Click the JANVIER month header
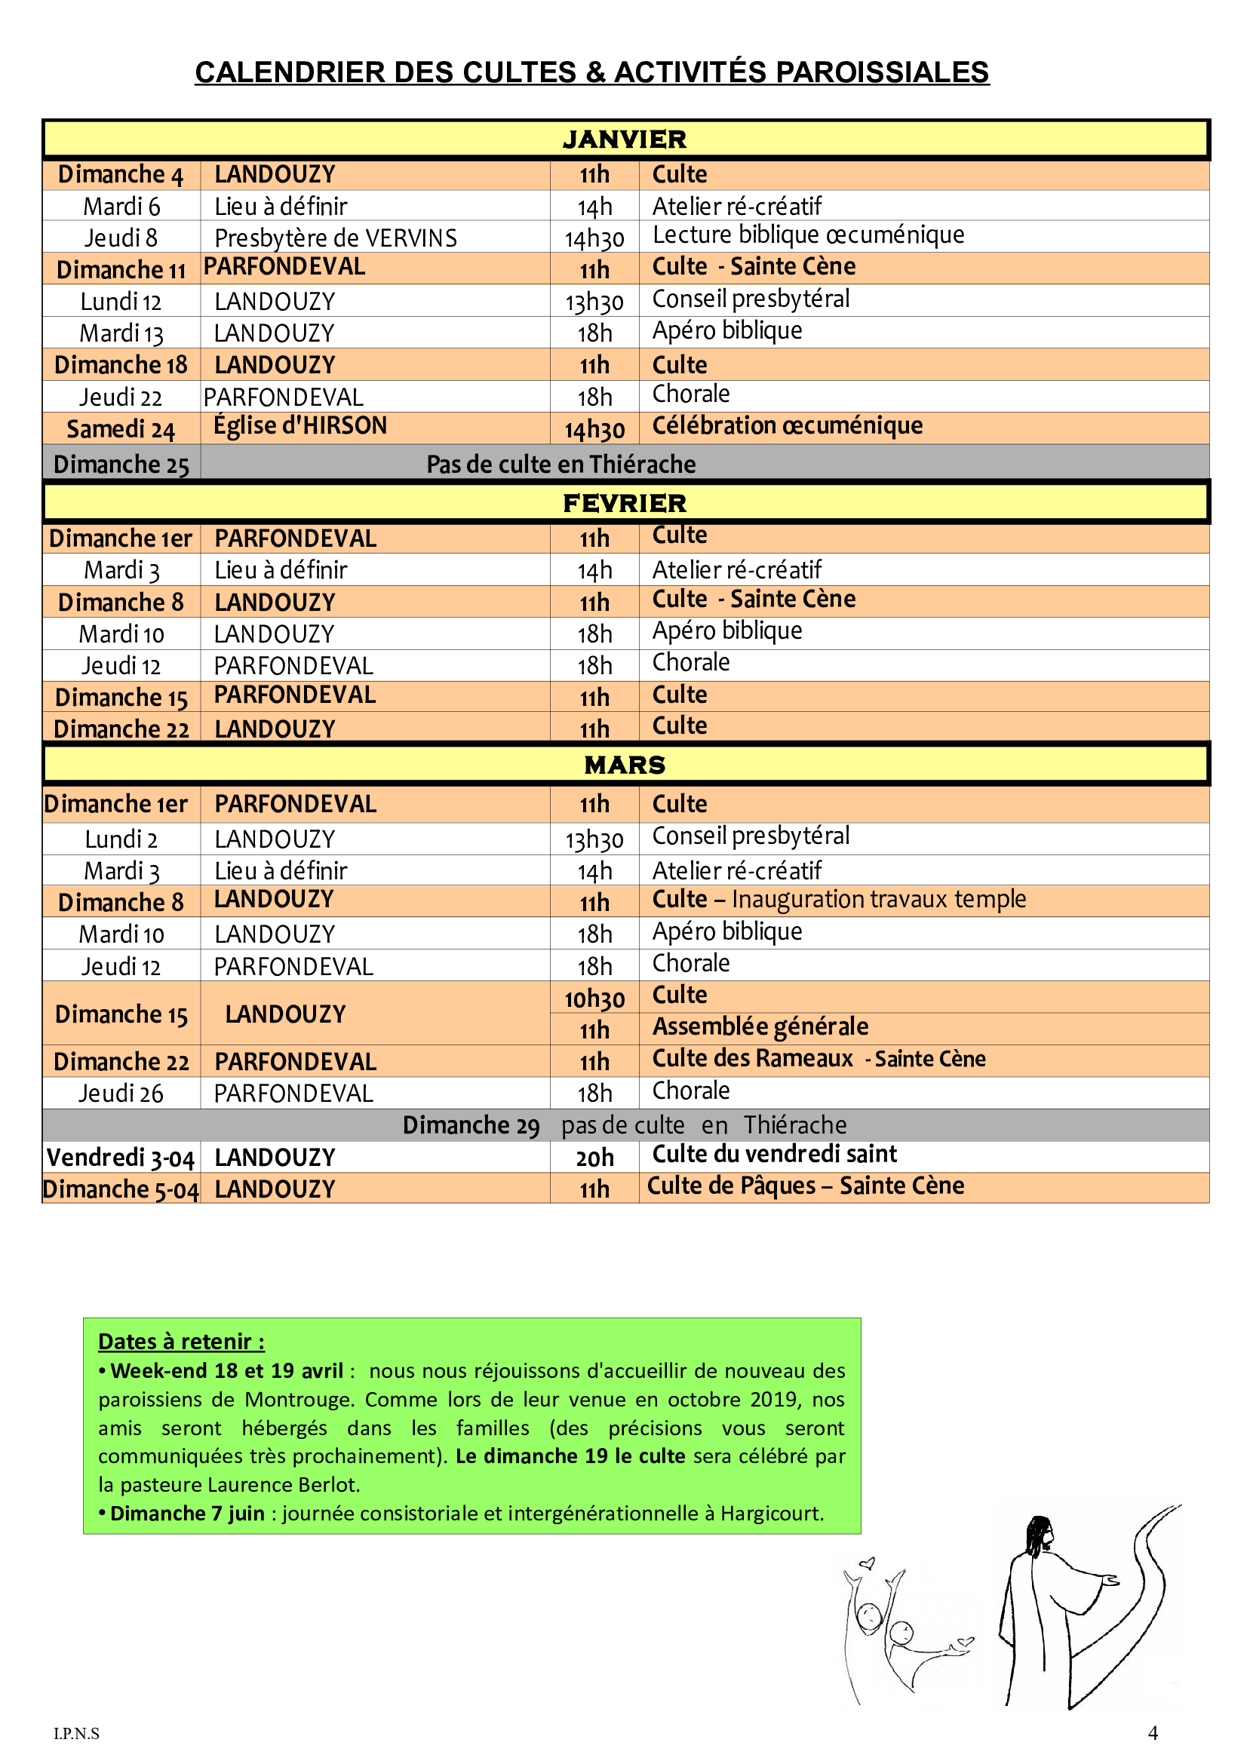pos(624,140)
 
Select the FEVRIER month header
pos(624,503)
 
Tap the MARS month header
pos(624,765)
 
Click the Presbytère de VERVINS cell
pos(336,238)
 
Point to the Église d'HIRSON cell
pos(299,425)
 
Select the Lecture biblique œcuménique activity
pos(807,235)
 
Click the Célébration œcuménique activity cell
pos(787,425)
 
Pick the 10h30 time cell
pos(594,999)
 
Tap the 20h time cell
pos(594,1158)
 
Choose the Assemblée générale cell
pos(760,1027)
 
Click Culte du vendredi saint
pos(774,1154)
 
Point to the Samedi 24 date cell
pos(121,429)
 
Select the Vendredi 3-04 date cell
pos(121,1158)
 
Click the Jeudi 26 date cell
pos(121,1094)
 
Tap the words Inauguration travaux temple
pos(878,900)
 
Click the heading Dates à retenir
pos(181,1342)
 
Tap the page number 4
pos(1153,1732)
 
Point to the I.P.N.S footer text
pos(76,1733)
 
